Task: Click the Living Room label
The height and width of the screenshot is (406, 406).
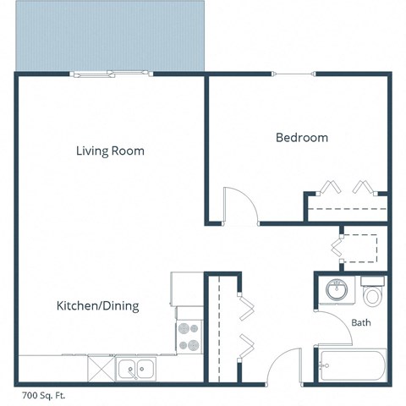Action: tap(110, 151)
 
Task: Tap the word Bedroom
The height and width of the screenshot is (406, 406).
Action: tap(302, 138)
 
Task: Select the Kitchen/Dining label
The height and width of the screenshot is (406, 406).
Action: tap(97, 305)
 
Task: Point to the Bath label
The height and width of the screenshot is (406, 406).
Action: tap(361, 322)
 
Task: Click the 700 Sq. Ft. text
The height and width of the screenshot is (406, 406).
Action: tap(42, 394)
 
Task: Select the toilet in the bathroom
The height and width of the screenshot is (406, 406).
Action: tap(372, 294)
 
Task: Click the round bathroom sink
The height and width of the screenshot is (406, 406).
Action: tap(337, 291)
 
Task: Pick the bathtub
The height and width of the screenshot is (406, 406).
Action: tap(351, 365)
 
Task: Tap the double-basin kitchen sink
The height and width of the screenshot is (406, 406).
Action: tap(135, 368)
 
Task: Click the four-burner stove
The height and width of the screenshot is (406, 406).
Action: tap(187, 337)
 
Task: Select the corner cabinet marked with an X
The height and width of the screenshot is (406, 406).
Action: tap(100, 368)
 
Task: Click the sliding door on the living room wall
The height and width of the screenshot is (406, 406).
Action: tap(112, 74)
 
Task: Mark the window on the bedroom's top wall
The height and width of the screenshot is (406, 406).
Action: tap(299, 74)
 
